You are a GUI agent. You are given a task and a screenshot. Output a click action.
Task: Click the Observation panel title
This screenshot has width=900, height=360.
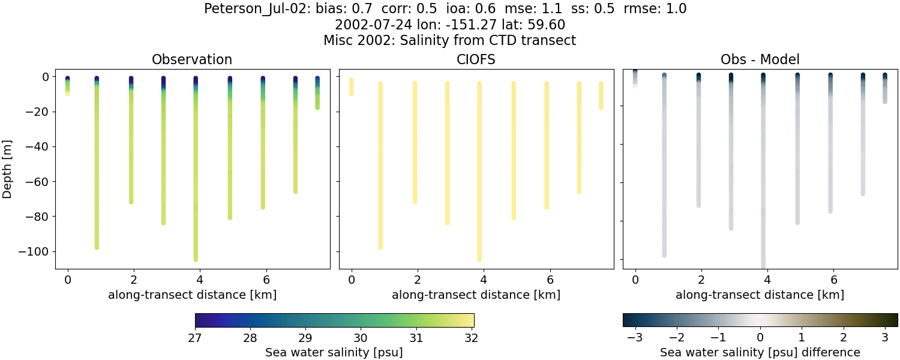click(x=192, y=59)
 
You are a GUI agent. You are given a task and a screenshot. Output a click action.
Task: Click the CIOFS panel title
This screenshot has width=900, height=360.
click(x=476, y=59)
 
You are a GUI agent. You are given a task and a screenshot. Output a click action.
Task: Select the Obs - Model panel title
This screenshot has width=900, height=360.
click(x=760, y=59)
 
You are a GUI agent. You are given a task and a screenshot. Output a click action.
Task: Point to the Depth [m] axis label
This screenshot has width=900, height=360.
click(x=8, y=169)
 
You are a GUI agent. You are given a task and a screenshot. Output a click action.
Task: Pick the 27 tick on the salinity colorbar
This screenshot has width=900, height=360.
click(x=196, y=338)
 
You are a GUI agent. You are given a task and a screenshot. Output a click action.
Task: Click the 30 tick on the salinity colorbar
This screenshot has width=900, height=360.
click(x=361, y=338)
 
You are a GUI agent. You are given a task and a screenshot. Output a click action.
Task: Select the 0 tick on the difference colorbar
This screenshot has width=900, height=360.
click(x=760, y=338)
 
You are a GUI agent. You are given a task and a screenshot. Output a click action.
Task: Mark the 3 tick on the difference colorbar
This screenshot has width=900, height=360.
click(x=885, y=338)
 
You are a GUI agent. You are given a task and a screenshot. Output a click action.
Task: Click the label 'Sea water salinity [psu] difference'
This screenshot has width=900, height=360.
click(x=760, y=352)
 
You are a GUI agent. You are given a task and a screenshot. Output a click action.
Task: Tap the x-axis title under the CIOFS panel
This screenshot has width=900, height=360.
click(x=476, y=295)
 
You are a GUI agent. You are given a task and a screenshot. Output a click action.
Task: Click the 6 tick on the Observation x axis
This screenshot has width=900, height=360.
click(x=265, y=279)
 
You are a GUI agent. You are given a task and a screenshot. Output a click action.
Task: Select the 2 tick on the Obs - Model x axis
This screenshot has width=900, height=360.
click(x=701, y=279)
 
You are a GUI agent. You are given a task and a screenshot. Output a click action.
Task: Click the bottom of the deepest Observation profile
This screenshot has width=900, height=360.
click(x=196, y=259)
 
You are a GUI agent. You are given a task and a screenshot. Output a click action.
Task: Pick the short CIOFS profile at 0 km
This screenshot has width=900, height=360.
click(x=351, y=86)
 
